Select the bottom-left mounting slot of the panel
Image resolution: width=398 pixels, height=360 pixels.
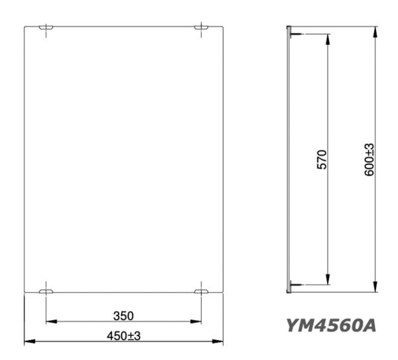tap(46, 291)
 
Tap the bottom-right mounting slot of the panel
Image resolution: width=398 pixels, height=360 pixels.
tap(201, 291)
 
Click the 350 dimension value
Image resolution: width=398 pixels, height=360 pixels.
tap(123, 315)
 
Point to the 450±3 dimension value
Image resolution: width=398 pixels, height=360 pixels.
tap(123, 335)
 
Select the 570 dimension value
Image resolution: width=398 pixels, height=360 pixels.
tap(322, 160)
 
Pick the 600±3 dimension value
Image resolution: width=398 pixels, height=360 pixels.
tap(369, 160)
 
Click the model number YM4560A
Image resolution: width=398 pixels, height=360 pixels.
tap(332, 326)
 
